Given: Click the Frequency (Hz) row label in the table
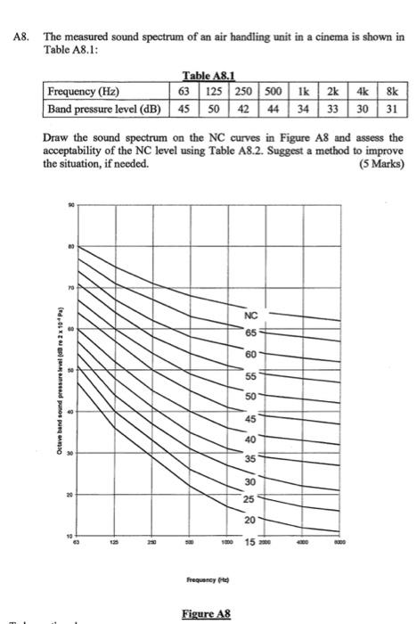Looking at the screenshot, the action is (x=85, y=91).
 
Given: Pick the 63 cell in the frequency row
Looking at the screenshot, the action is (x=184, y=91).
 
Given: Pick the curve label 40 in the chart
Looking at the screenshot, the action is (x=250, y=439).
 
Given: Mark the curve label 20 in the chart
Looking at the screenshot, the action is (x=251, y=520).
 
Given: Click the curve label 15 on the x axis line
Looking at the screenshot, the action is (x=252, y=541).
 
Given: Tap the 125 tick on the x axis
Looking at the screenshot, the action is (x=113, y=541).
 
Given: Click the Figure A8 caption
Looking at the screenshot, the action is (x=206, y=613).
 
